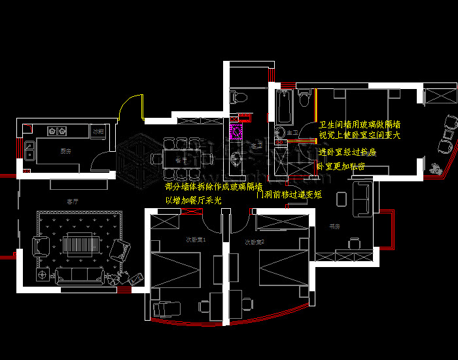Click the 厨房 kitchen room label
(65, 151)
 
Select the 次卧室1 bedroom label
(197, 241)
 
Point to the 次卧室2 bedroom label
(254, 242)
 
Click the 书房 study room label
(334, 226)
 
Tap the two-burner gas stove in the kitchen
(57, 132)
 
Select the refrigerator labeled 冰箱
(97, 132)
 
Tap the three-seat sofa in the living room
(78, 276)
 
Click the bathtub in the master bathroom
(285, 107)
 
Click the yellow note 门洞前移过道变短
(289, 194)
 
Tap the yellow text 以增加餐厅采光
(193, 200)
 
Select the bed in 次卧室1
(175, 266)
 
